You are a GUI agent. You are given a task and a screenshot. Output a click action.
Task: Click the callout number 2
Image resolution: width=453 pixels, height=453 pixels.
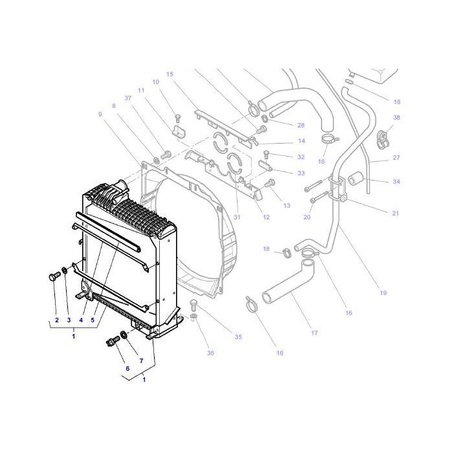(x=56, y=320)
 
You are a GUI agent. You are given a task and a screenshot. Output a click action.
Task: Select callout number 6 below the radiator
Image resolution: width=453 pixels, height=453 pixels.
(x=127, y=368)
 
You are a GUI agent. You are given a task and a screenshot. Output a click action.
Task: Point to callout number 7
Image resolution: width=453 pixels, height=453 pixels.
(x=141, y=359)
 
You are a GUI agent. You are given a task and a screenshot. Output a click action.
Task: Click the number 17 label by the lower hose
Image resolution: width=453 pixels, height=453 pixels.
(x=315, y=334)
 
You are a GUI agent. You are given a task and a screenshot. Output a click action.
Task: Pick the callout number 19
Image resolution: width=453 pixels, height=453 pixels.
(x=382, y=293)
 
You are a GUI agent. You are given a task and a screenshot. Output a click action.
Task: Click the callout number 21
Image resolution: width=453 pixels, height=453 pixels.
(x=395, y=213)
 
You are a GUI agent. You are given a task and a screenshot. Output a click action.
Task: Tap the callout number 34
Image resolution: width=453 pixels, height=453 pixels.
(x=396, y=182)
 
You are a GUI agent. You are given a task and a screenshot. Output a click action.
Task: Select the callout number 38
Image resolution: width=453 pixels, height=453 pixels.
(x=396, y=118)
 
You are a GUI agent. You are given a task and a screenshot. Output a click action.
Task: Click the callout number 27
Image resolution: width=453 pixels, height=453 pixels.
(x=396, y=157)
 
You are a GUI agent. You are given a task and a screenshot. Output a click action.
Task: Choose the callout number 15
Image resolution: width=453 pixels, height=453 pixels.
(x=170, y=74)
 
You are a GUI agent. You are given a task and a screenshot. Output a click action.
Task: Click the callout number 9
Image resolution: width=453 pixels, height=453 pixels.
(x=100, y=115)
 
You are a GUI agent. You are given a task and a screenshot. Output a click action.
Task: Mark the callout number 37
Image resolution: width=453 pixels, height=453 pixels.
(x=128, y=98)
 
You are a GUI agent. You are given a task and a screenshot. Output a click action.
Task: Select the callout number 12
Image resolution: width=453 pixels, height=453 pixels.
(x=266, y=217)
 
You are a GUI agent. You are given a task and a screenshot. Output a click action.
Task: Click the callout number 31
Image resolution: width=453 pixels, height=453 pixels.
(x=237, y=217)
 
